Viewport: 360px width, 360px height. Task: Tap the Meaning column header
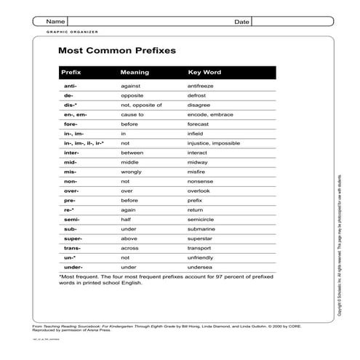tap(135, 73)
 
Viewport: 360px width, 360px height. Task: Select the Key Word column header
tap(204, 73)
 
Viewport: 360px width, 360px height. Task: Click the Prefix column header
tap(71, 73)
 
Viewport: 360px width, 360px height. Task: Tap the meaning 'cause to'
tap(132, 115)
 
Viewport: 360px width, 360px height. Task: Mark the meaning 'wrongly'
tap(132, 172)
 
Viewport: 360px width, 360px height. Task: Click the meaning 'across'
tap(130, 247)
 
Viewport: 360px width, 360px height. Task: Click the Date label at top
tap(241, 22)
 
